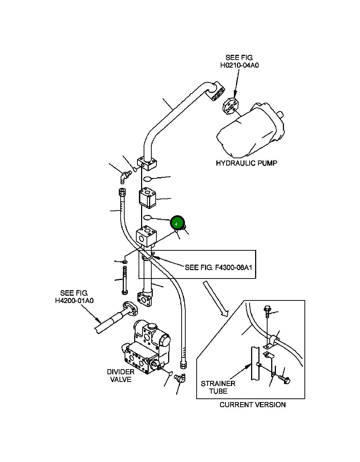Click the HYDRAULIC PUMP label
pyautogui.click(x=246, y=163)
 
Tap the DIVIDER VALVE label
pyautogui.click(x=121, y=375)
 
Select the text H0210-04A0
pyautogui.click(x=239, y=65)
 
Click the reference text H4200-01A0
pyautogui.click(x=74, y=300)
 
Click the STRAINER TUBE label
pyautogui.click(x=218, y=387)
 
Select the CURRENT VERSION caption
pyautogui.click(x=253, y=405)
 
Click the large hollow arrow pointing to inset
pyautogui.click(x=215, y=298)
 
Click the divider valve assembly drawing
pyautogui.click(x=146, y=349)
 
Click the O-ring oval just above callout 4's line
pyautogui.click(x=147, y=218)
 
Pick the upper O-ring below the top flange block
pyautogui.click(x=147, y=179)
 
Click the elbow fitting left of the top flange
pyautogui.click(x=125, y=177)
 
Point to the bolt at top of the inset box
pyautogui.click(x=267, y=311)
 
